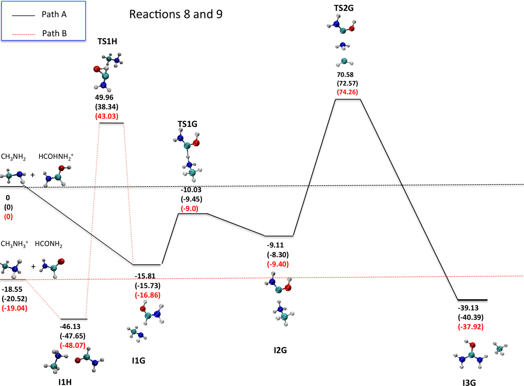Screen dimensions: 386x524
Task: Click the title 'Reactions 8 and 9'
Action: click(176, 14)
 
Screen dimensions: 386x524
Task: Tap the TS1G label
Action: click(187, 124)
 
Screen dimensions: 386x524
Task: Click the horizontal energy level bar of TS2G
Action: click(348, 99)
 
